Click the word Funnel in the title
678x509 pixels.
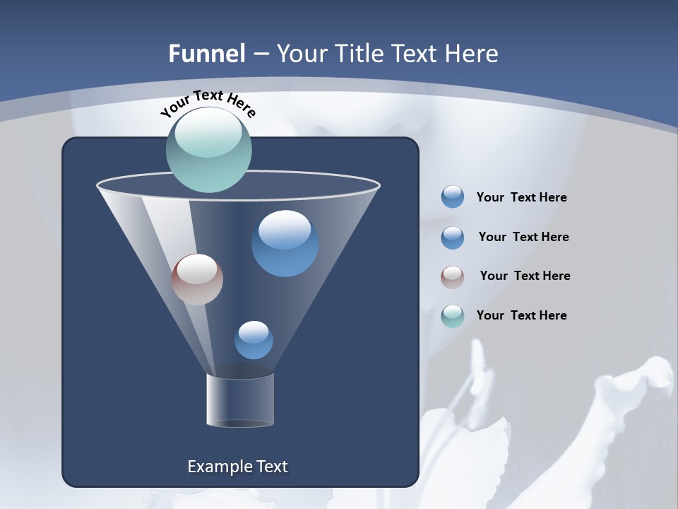tap(206, 54)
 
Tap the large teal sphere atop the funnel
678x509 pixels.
tap(209, 150)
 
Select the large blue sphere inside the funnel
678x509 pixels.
tap(285, 243)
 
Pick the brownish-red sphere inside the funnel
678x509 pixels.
tap(197, 279)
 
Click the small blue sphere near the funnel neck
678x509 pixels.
tap(254, 340)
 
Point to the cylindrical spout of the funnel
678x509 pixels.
tap(240, 400)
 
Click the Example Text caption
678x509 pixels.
tap(237, 467)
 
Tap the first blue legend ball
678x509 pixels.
tap(453, 197)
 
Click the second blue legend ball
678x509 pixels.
tap(453, 238)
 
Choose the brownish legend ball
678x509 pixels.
tap(453, 277)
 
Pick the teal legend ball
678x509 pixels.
tap(453, 316)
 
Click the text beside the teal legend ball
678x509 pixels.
tap(521, 315)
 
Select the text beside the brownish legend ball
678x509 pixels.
tap(525, 276)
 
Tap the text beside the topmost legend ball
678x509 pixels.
tap(521, 197)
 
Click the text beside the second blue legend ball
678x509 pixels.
tap(523, 237)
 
